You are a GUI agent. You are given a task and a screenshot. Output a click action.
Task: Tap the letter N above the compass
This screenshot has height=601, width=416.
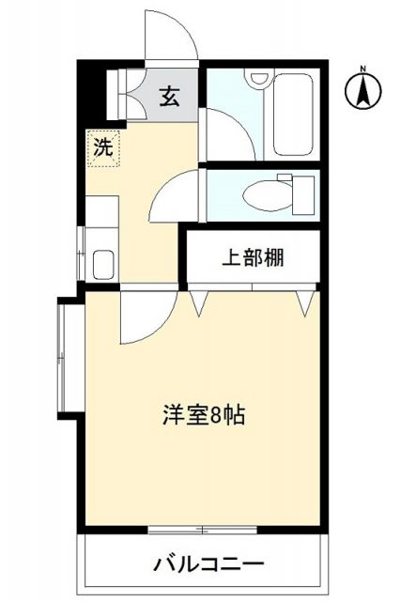[364, 68]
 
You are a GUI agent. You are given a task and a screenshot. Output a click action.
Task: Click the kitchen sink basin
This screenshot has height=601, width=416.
[103, 263]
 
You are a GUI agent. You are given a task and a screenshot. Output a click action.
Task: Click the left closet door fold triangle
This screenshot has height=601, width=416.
[201, 301]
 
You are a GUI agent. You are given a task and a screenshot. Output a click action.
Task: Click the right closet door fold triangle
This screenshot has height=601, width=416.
[304, 301]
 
